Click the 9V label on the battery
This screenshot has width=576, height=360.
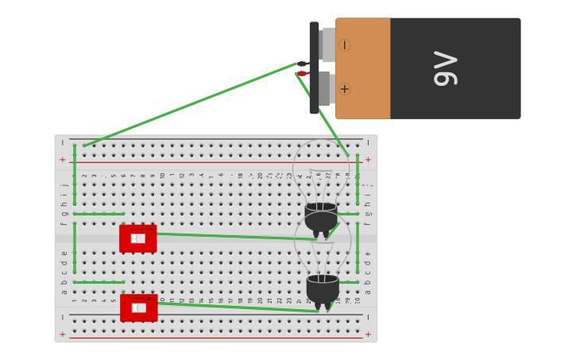point(446,68)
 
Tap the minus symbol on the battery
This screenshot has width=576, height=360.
point(344,45)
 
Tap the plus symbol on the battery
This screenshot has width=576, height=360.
point(344,89)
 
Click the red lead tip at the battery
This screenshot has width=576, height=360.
point(302,73)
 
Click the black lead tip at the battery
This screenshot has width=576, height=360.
point(302,64)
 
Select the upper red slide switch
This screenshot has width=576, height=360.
point(137,238)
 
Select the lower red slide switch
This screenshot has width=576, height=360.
point(138,308)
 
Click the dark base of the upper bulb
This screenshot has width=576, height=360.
point(321,217)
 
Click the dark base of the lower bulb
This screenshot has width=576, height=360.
point(323,288)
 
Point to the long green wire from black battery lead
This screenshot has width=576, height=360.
point(191,105)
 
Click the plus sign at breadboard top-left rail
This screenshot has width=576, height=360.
point(63,160)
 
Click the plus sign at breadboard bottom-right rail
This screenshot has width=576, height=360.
point(367,334)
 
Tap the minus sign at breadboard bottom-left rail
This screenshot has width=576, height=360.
point(63,317)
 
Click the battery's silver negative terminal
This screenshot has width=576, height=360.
point(327,45)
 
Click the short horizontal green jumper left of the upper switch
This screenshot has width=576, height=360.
point(99,214)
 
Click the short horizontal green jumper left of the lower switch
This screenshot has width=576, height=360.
point(99,282)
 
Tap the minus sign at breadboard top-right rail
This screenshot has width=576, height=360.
point(367,143)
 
